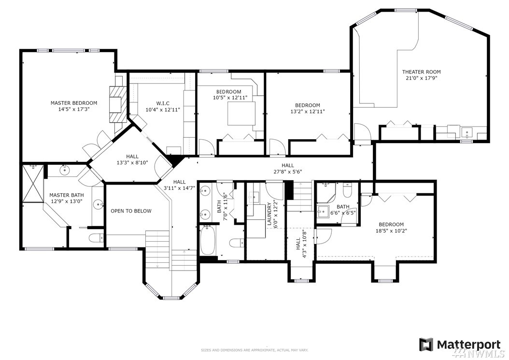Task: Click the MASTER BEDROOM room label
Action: (74, 103)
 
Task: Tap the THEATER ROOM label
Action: (422, 72)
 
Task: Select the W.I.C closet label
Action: (162, 103)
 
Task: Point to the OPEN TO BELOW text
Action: (131, 211)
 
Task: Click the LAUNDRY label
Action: (269, 214)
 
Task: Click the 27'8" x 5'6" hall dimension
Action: (288, 172)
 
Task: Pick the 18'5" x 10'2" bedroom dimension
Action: (391, 230)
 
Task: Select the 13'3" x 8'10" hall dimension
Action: (132, 162)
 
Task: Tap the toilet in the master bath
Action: (96, 238)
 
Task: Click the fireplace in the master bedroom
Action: (116, 104)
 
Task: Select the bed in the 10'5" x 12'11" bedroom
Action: (241, 114)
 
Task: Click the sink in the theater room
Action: (467, 132)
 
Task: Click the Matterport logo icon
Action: (426, 345)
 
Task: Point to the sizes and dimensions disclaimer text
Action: (254, 350)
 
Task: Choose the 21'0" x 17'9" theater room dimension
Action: (422, 78)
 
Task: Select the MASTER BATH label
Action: (67, 195)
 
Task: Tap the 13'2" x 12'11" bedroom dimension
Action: (308, 111)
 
